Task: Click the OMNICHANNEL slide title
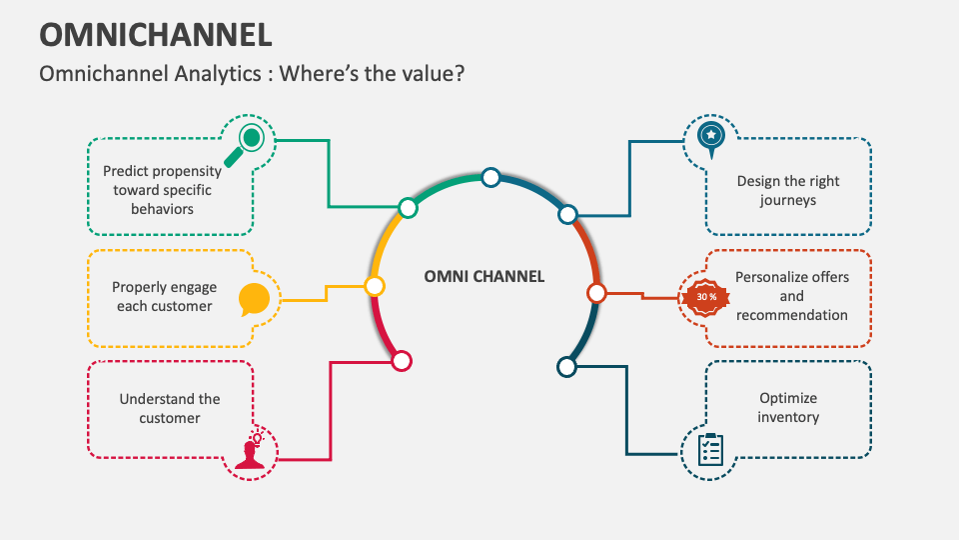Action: point(155,33)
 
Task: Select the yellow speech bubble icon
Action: point(254,299)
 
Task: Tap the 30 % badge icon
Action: point(706,296)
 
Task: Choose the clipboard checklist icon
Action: point(710,448)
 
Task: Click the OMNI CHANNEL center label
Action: point(484,276)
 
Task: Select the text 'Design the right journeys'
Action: point(788,190)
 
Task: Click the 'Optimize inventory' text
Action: point(788,407)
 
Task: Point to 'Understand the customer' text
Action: point(170,408)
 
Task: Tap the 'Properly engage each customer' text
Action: point(164,296)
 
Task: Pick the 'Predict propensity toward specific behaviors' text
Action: point(162,190)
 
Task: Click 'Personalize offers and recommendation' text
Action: point(791,295)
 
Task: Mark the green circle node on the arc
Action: point(408,208)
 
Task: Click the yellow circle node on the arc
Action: point(375,287)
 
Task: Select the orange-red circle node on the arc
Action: point(596,293)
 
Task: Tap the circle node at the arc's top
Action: point(490,177)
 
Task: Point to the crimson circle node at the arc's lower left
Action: point(402,361)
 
